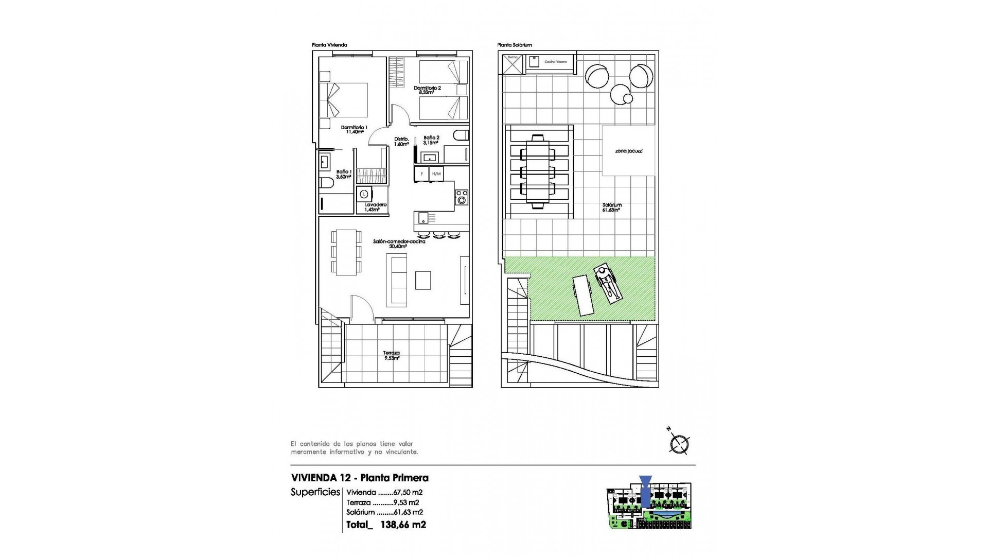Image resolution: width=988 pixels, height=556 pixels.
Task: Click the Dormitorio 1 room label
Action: coord(354,129)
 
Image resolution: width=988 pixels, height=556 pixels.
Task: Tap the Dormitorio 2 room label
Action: coord(428,90)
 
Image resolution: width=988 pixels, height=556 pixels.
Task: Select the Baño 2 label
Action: coord(431,140)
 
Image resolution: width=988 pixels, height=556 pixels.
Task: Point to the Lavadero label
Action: coord(376,207)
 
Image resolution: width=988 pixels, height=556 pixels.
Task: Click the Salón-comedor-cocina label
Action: coord(399,244)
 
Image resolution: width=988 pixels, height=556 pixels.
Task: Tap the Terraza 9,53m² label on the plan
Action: coord(392,355)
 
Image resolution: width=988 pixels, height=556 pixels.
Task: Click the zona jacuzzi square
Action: coord(628,151)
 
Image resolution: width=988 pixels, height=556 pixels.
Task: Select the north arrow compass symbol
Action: coord(679,443)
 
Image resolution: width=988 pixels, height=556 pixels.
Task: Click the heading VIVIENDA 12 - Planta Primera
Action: coord(359,478)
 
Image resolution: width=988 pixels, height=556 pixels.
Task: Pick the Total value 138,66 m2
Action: coord(403,525)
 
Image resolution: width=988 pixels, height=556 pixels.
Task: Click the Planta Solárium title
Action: coord(515,45)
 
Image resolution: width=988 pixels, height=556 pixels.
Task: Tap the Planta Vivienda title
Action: coord(329,45)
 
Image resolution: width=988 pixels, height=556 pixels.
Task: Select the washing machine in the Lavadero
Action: coord(365,194)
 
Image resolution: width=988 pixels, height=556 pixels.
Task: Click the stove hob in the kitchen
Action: coord(462,197)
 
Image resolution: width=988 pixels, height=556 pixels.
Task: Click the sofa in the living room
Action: coord(399,280)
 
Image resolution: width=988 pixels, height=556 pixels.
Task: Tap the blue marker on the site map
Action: coord(645,491)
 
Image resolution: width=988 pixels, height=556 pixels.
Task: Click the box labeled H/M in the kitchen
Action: coord(436,174)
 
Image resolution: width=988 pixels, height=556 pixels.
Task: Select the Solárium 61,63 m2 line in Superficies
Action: coord(384,512)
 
